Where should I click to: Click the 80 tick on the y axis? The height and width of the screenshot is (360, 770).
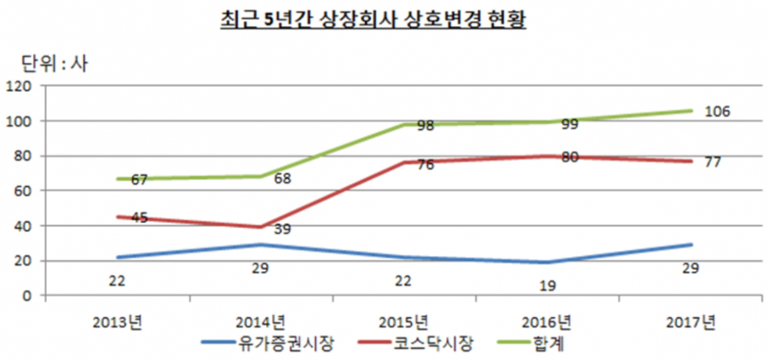(22, 156)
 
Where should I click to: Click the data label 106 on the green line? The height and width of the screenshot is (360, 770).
(717, 112)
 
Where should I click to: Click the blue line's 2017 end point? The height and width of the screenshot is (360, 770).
(692, 245)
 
